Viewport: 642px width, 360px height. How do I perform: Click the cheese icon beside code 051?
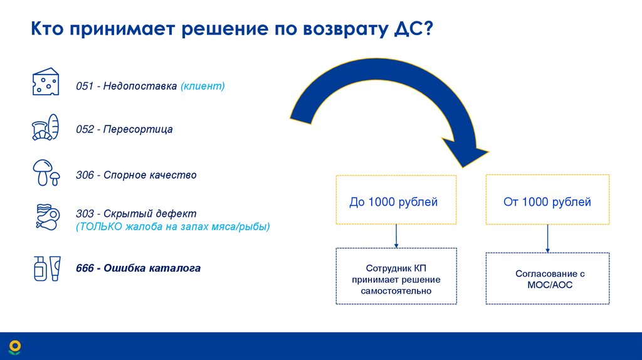45,82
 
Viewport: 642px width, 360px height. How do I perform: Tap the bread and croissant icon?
45,128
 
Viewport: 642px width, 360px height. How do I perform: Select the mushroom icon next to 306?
45,173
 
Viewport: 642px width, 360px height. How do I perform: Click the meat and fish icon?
45,218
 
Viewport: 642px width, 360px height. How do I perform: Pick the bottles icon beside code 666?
45,268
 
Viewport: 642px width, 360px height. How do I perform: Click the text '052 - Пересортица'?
124,129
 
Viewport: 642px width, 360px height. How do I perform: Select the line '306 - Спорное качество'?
136,175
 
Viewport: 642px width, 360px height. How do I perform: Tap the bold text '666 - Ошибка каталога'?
139,268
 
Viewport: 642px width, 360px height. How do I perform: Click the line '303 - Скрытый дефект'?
136,213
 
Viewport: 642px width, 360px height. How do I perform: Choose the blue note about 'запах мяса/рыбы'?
173,226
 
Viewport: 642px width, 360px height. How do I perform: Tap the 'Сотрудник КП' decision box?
396,277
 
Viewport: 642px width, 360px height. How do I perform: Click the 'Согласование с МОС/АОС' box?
547,279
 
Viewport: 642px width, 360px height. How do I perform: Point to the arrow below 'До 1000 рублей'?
396,236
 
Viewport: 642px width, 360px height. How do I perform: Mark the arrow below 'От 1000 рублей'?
548,239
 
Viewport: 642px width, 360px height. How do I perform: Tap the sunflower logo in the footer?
14,347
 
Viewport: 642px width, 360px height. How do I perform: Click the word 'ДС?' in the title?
409,29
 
